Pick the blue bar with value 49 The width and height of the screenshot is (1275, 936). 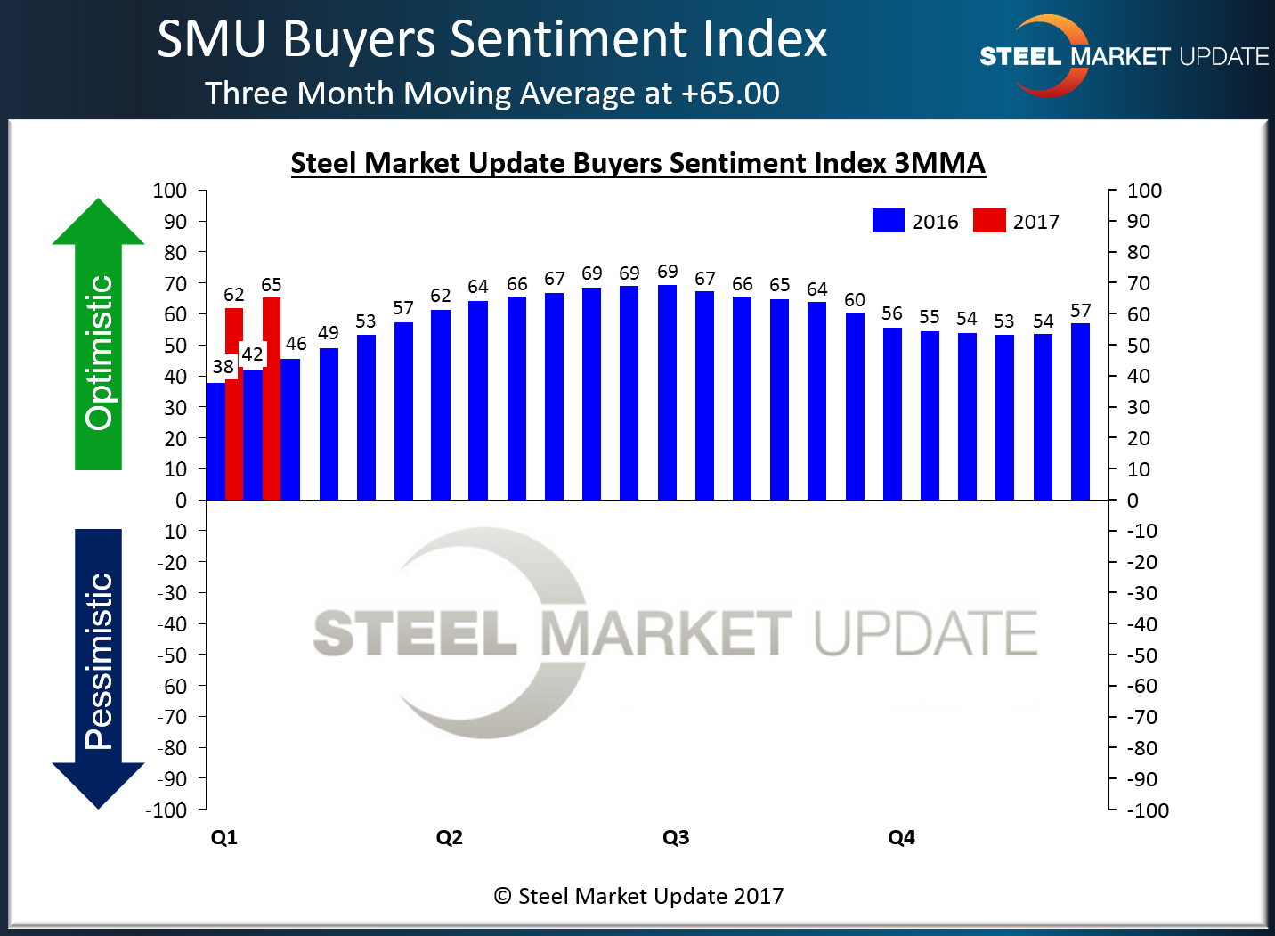pyautogui.click(x=329, y=424)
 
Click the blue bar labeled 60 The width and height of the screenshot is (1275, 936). pyautogui.click(x=855, y=406)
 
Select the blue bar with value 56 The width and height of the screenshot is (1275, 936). pyautogui.click(x=892, y=413)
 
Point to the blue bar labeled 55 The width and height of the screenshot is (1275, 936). pyautogui.click(x=930, y=415)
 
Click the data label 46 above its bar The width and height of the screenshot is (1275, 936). pyautogui.click(x=296, y=344)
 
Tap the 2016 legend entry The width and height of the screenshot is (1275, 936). pyautogui.click(x=916, y=221)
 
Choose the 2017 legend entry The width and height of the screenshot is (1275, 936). pyautogui.click(x=1017, y=221)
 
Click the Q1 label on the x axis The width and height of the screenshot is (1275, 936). pyautogui.click(x=224, y=837)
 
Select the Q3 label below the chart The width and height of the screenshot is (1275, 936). pyautogui.click(x=676, y=837)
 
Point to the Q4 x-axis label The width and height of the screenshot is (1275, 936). pyautogui.click(x=901, y=837)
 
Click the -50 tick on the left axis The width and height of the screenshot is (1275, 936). pyautogui.click(x=172, y=655)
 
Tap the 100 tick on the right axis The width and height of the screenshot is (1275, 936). pyautogui.click(x=1144, y=191)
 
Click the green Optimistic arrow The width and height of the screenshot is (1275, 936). pyautogui.click(x=98, y=338)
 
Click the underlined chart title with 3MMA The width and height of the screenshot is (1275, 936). pyautogui.click(x=637, y=163)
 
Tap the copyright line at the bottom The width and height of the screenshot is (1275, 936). pyautogui.click(x=638, y=896)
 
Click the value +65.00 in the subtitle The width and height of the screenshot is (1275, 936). pyautogui.click(x=730, y=94)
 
